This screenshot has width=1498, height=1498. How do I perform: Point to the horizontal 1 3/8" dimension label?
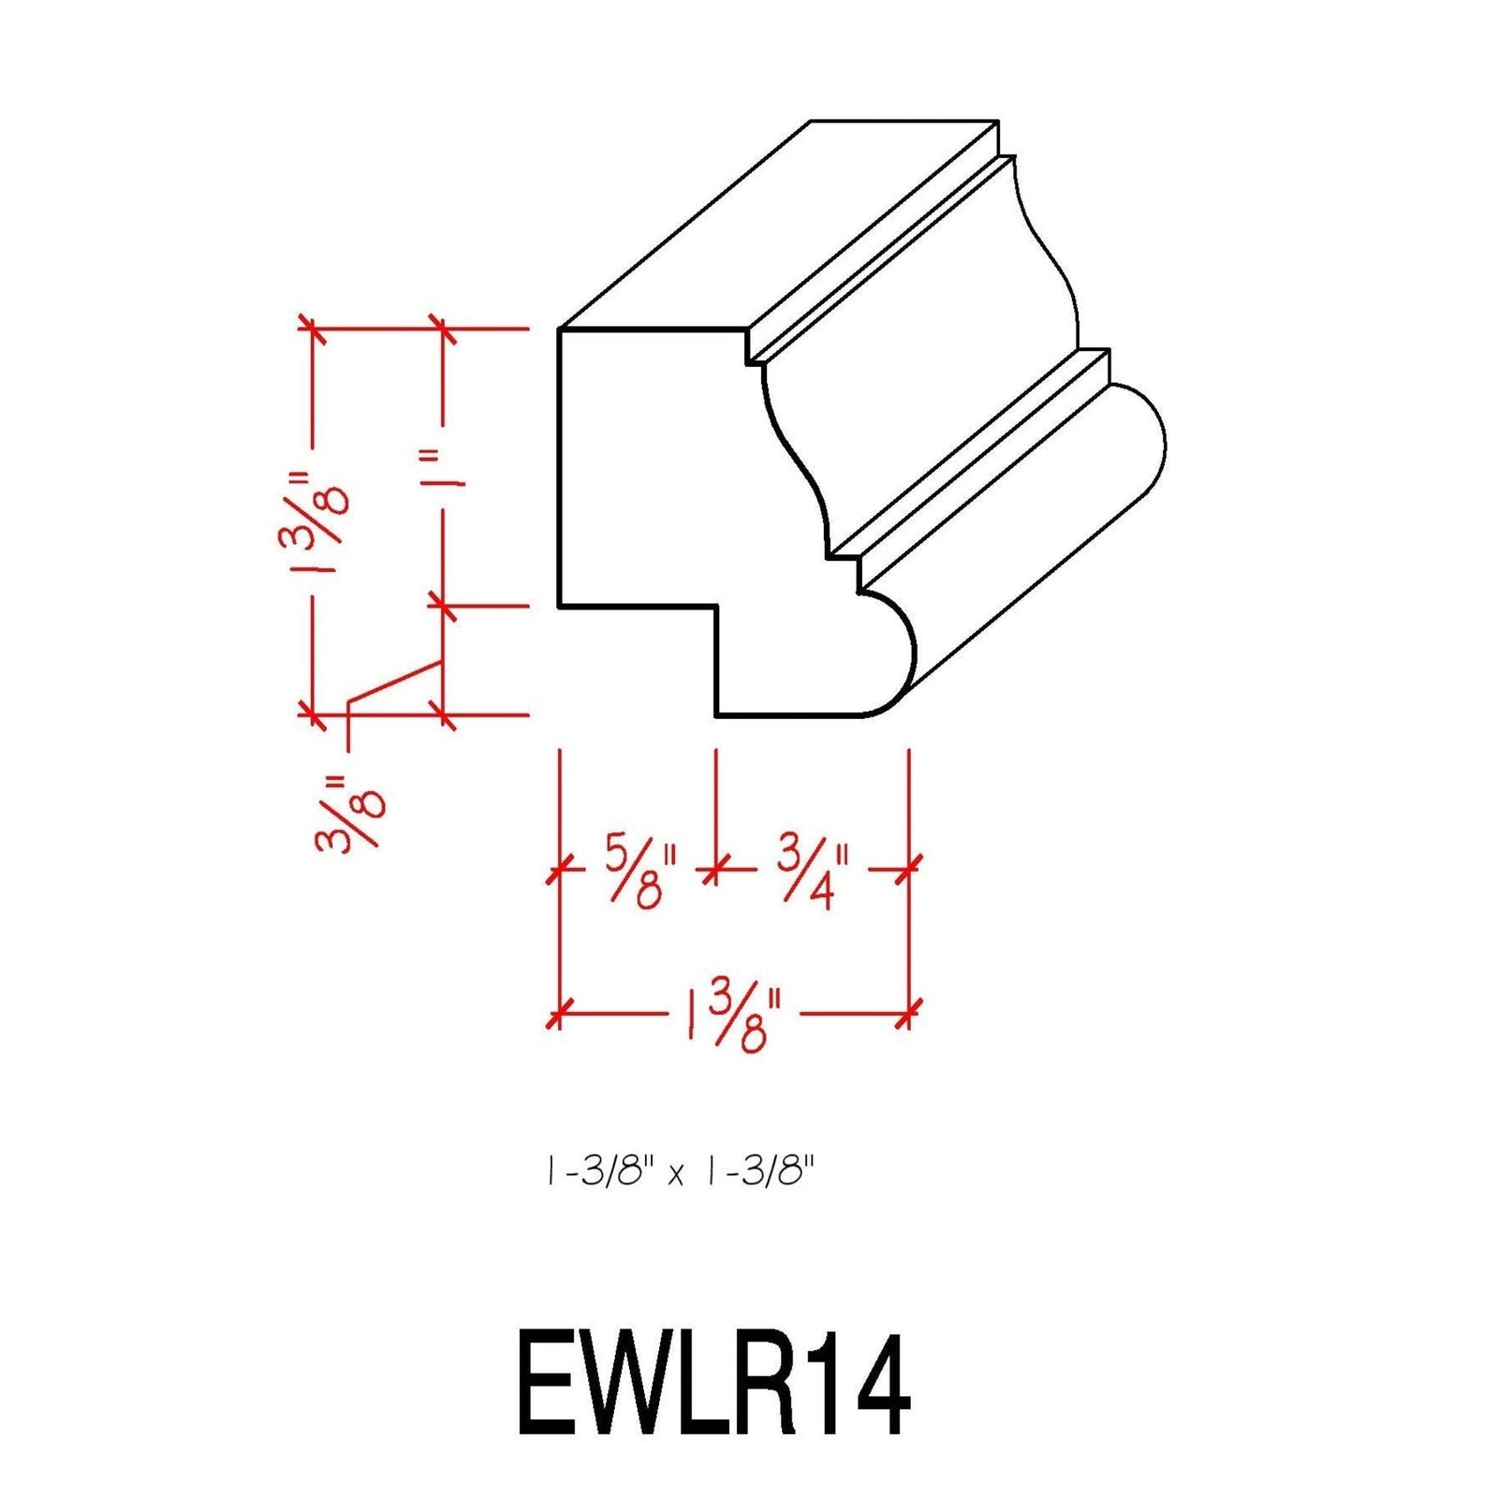732,1018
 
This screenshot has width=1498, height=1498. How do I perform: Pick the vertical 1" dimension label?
448,468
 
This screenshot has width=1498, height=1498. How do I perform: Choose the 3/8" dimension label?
351,813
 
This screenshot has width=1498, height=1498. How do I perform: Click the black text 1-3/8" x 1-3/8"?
679,1171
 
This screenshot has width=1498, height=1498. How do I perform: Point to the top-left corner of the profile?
560,330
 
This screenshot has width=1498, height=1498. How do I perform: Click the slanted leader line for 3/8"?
393,683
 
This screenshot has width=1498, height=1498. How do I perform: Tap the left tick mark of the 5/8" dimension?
559,871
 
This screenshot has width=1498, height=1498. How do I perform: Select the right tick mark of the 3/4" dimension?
908,870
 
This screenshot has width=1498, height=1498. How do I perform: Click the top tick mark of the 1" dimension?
443,329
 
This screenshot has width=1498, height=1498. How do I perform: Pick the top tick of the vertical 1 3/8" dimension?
312,329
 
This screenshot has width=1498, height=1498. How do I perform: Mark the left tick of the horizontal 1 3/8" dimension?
559,1013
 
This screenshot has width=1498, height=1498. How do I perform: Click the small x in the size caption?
675,1175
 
